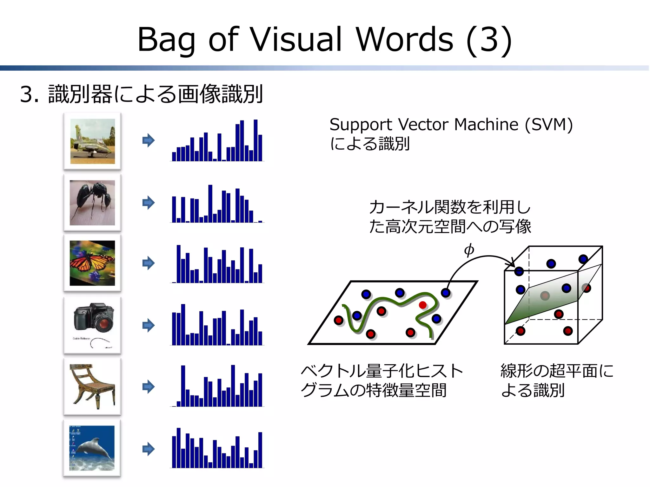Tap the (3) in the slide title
489,40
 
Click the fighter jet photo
92,141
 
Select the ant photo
92,203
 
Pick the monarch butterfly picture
92,263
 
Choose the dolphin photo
92,448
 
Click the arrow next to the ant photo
148,203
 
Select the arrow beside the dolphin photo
148,449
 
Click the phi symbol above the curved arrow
469,250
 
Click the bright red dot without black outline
422,305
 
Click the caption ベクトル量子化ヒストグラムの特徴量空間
381,380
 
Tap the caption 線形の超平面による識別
557,380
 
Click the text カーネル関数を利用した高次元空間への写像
450,217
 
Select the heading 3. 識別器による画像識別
141,94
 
